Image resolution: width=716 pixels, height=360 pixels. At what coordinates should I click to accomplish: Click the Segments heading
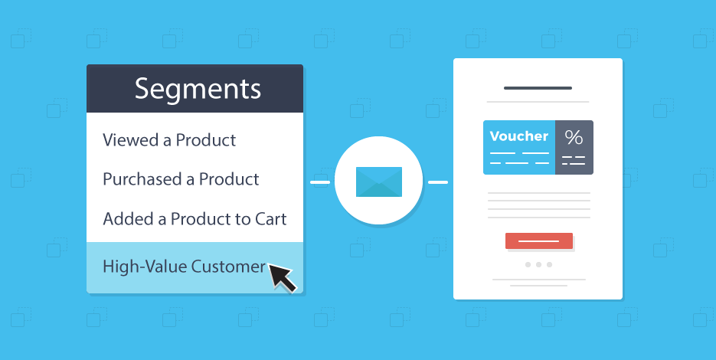[198, 89]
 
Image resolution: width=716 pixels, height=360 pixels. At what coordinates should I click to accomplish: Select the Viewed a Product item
[169, 140]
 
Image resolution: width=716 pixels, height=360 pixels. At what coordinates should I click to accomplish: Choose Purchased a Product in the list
[181, 179]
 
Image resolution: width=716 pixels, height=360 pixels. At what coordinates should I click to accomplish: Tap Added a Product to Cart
[195, 218]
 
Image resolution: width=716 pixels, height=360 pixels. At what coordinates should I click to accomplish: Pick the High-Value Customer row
[184, 267]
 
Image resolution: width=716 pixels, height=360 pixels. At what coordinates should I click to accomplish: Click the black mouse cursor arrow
[281, 277]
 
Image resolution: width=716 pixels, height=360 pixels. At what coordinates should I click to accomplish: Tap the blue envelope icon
[379, 182]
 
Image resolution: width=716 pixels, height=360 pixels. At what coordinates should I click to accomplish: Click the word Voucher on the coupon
[518, 136]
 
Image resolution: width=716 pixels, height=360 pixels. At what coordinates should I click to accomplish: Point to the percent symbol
[574, 138]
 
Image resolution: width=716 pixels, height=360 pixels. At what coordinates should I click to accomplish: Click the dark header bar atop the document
[538, 88]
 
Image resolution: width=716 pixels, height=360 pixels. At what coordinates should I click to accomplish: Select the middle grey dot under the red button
[538, 265]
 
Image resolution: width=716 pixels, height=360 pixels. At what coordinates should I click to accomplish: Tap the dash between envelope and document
[438, 182]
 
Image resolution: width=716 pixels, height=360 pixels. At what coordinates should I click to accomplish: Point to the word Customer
[228, 267]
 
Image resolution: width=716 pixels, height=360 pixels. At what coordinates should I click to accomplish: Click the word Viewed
[126, 140]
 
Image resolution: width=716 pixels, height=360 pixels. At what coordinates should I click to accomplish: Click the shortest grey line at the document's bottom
[538, 286]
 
